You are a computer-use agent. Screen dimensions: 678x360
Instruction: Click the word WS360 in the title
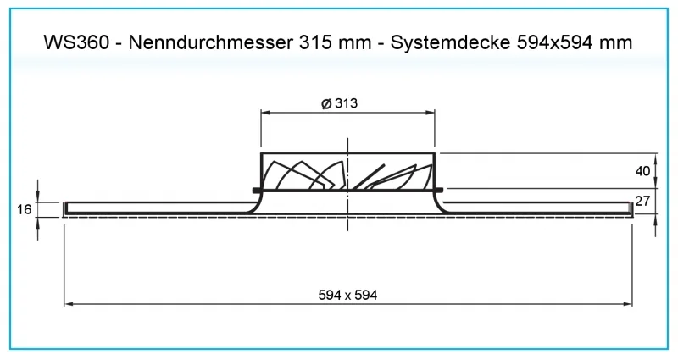tap(76, 42)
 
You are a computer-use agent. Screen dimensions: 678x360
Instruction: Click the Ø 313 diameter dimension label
tap(340, 103)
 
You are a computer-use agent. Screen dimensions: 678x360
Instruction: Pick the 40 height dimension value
tap(642, 171)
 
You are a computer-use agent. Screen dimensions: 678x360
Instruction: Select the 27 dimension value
tap(642, 201)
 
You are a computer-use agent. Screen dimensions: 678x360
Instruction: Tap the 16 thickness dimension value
tap(25, 209)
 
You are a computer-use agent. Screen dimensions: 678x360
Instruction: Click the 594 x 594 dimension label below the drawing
tap(347, 295)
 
